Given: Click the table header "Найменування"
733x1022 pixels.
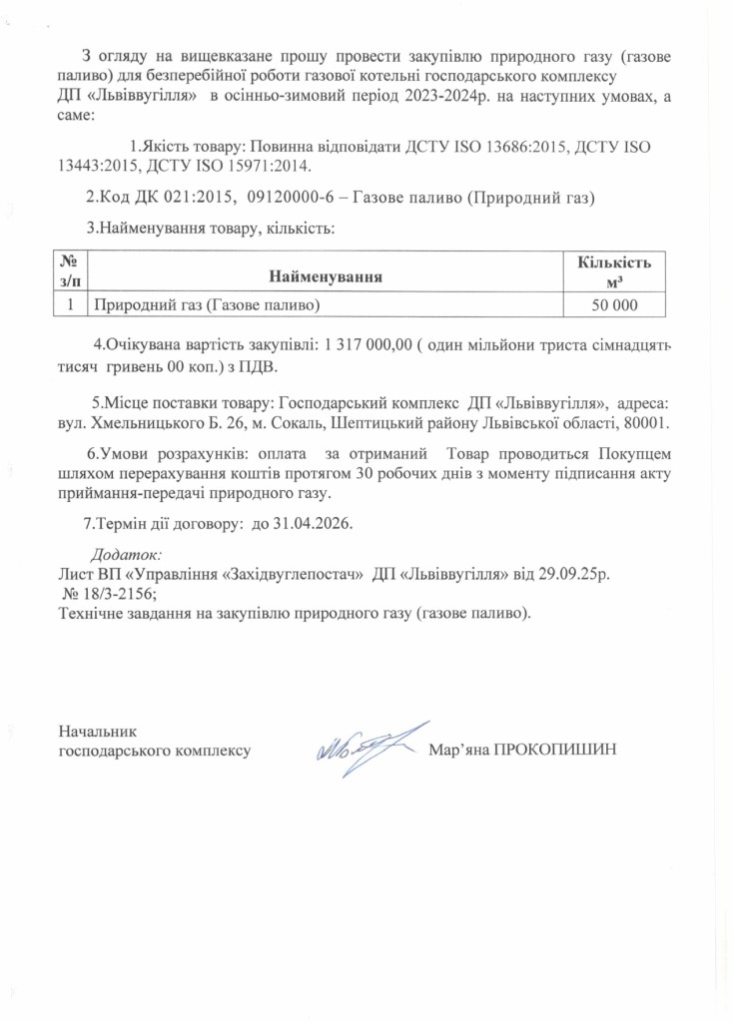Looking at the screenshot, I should (326, 274).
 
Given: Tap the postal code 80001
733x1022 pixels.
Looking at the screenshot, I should (643, 423).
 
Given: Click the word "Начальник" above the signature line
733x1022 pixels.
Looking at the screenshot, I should (97, 732).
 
